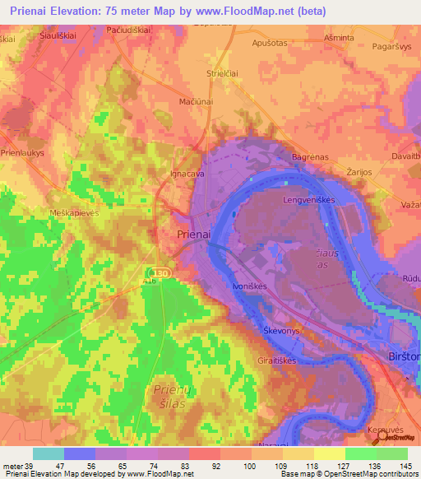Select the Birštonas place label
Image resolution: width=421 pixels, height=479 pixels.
click(x=403, y=356)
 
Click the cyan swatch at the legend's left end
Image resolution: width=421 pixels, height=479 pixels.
click(x=48, y=453)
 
